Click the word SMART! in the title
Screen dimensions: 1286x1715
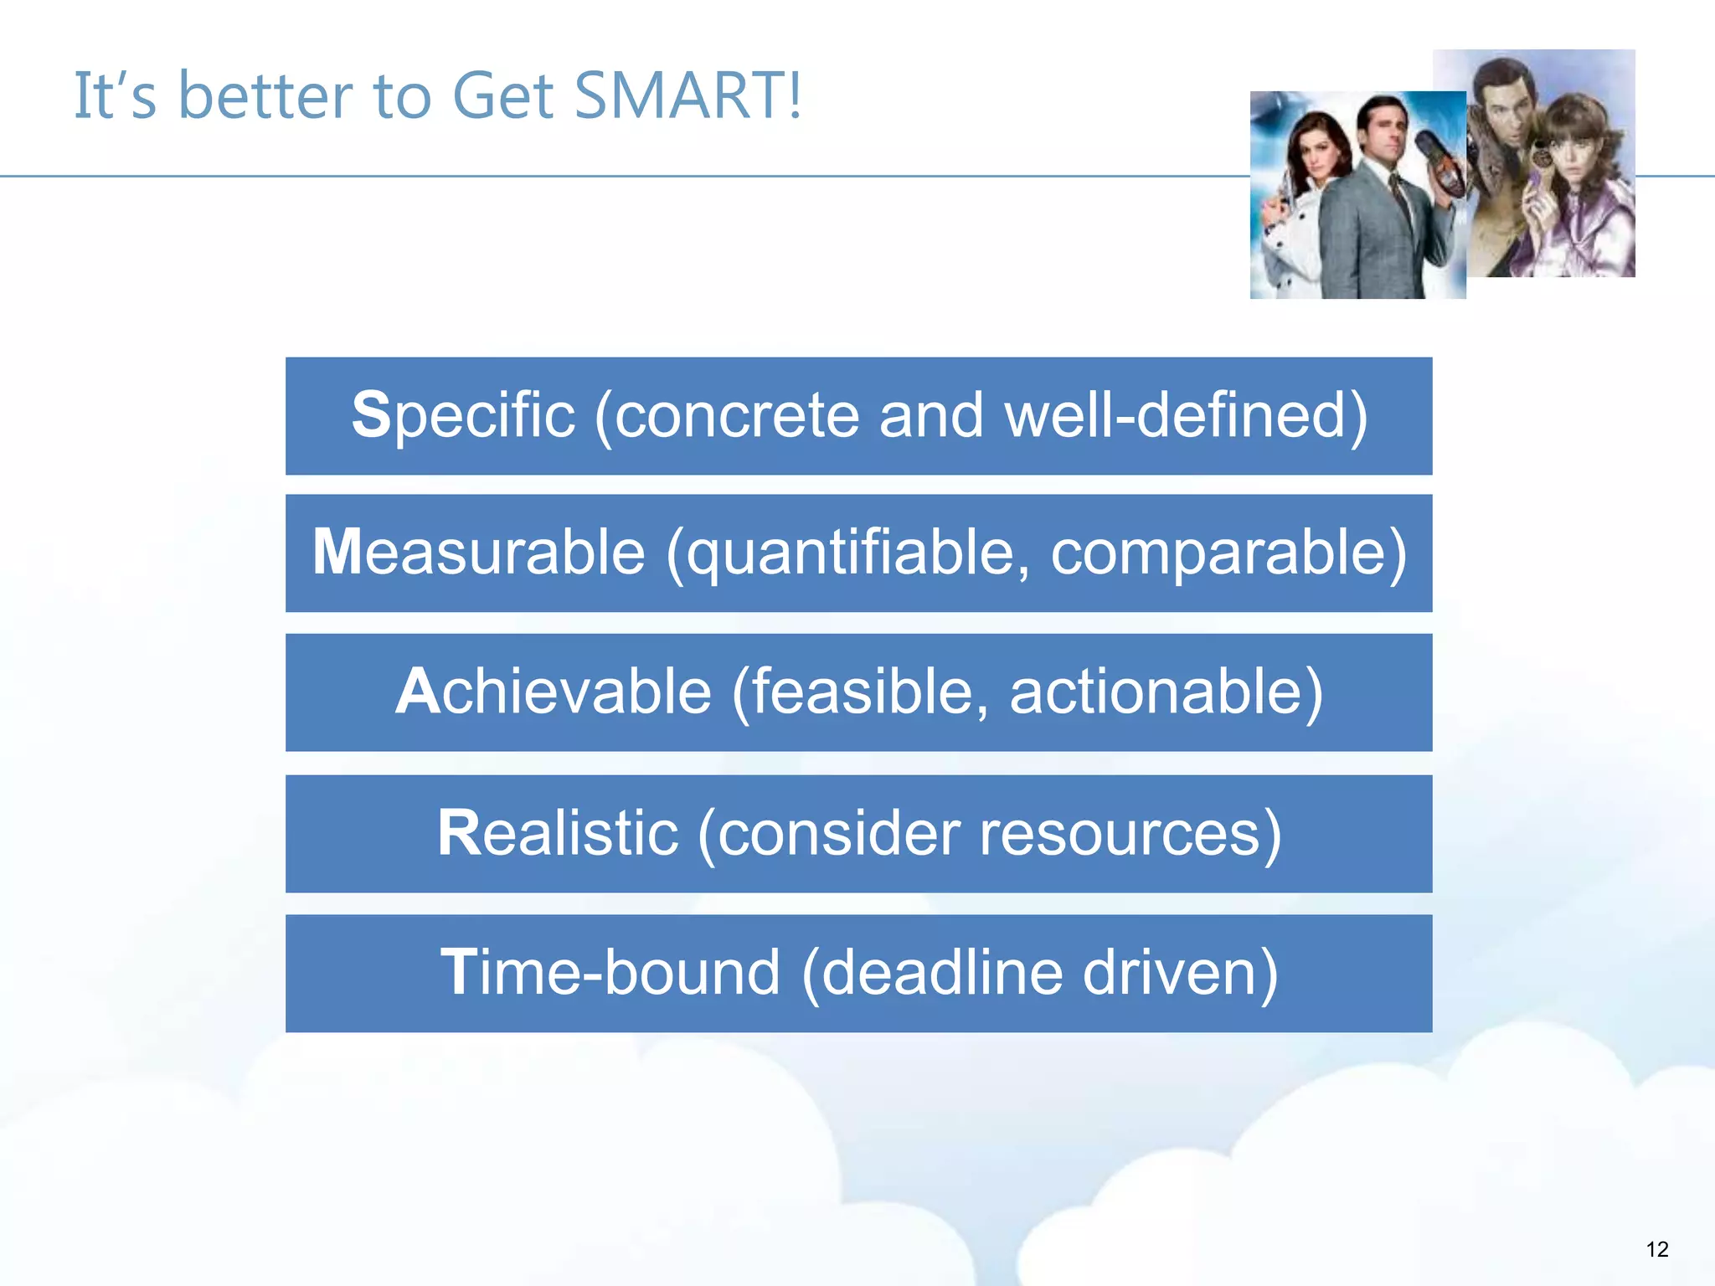(x=688, y=96)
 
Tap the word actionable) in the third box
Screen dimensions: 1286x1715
(x=1166, y=692)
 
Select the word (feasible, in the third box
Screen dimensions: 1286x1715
(x=859, y=692)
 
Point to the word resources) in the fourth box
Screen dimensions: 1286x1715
(x=1130, y=834)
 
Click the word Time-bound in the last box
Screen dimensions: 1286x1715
(x=610, y=973)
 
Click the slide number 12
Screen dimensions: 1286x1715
(x=1657, y=1250)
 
